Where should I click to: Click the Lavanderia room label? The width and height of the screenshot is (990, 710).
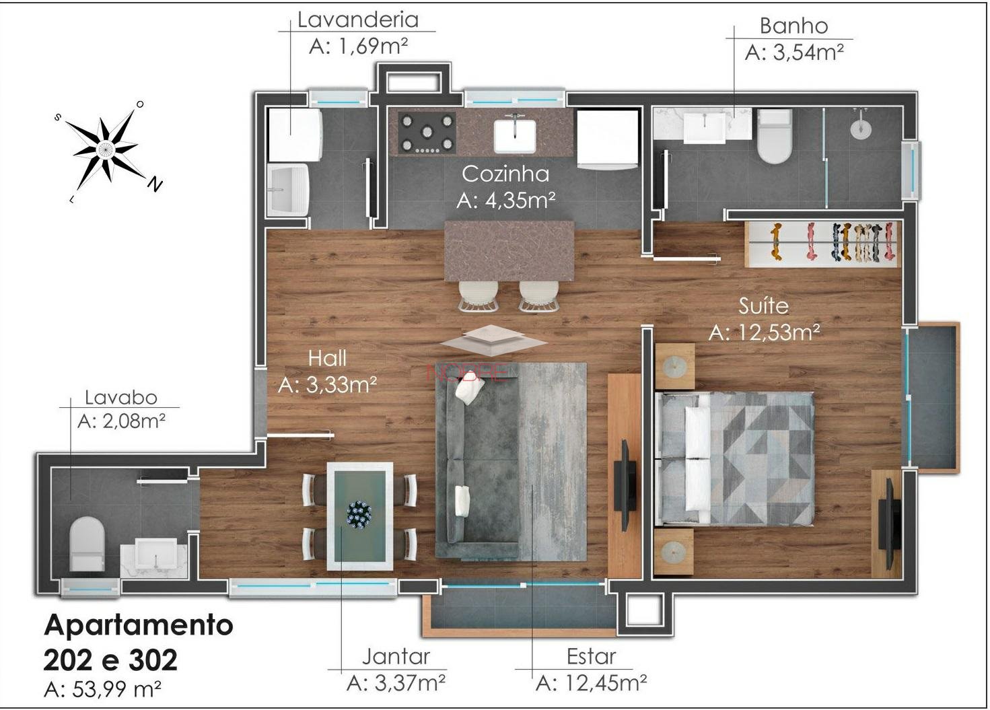point(358,20)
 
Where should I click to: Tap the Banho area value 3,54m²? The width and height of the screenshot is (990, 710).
point(808,52)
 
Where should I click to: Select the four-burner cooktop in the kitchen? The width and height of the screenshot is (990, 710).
point(427,132)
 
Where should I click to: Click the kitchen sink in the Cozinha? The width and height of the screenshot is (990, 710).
point(514,135)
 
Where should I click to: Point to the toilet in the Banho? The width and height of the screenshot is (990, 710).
point(774,136)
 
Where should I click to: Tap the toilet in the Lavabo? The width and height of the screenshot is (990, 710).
point(87,544)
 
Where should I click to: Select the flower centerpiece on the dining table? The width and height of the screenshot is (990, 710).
point(359,514)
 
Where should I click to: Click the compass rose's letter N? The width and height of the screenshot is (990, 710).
point(155,184)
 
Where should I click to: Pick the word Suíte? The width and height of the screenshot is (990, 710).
point(763,306)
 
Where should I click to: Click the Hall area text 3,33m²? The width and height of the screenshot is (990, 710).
point(341,385)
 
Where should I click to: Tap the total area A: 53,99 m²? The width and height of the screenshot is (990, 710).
point(102,688)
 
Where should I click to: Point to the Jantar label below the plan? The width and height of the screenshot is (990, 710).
point(396,657)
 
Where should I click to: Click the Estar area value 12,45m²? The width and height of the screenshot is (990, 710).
point(606,684)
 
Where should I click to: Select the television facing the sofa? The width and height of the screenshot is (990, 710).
point(625,485)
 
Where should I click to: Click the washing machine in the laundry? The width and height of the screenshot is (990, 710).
point(295,135)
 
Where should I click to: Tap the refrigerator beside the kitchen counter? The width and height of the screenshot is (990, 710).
point(608,138)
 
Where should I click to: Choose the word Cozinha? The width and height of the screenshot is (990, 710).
point(505,174)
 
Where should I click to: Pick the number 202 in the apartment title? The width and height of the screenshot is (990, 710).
point(73,660)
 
